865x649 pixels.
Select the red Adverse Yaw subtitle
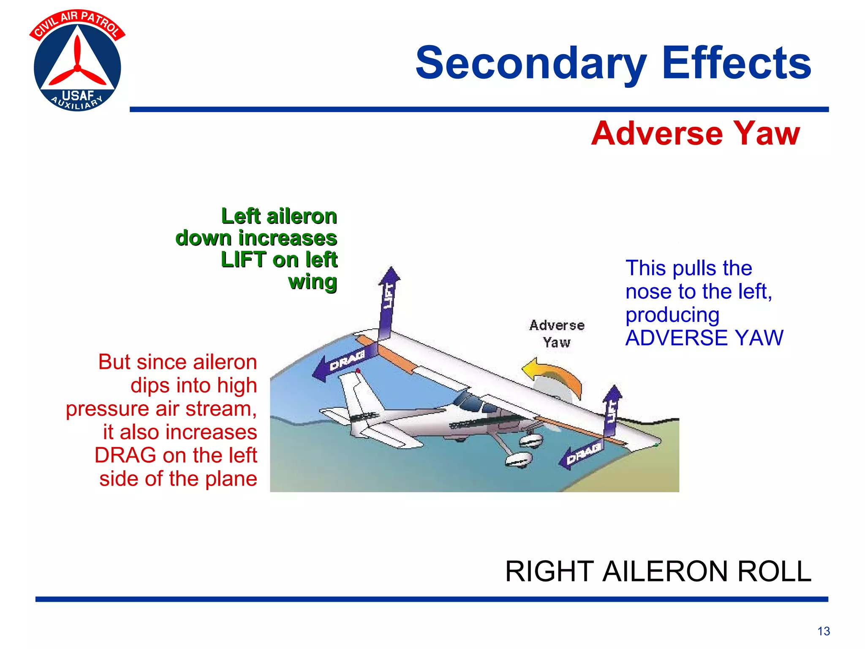point(695,134)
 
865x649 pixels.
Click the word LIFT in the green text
point(244,259)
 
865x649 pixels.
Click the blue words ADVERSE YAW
point(704,338)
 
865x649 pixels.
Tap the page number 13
point(823,631)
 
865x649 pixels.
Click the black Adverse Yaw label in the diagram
point(557,334)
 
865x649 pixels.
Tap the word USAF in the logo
point(78,95)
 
